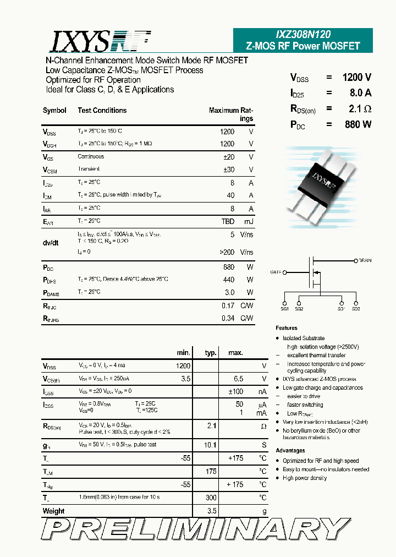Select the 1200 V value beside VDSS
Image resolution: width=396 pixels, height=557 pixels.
click(x=356, y=78)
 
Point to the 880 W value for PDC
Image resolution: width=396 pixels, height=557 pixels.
click(x=358, y=124)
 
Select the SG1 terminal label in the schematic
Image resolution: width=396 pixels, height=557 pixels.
click(x=285, y=309)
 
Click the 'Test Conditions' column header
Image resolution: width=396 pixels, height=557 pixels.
click(x=102, y=110)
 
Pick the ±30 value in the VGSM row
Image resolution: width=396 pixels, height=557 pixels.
click(x=229, y=170)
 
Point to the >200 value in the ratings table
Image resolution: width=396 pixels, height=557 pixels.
click(x=226, y=252)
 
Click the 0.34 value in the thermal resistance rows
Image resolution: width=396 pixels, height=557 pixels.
click(x=228, y=318)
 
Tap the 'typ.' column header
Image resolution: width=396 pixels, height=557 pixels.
click(x=211, y=353)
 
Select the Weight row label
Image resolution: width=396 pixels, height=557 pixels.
click(x=53, y=511)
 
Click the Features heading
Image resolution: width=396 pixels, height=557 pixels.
click(x=287, y=328)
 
